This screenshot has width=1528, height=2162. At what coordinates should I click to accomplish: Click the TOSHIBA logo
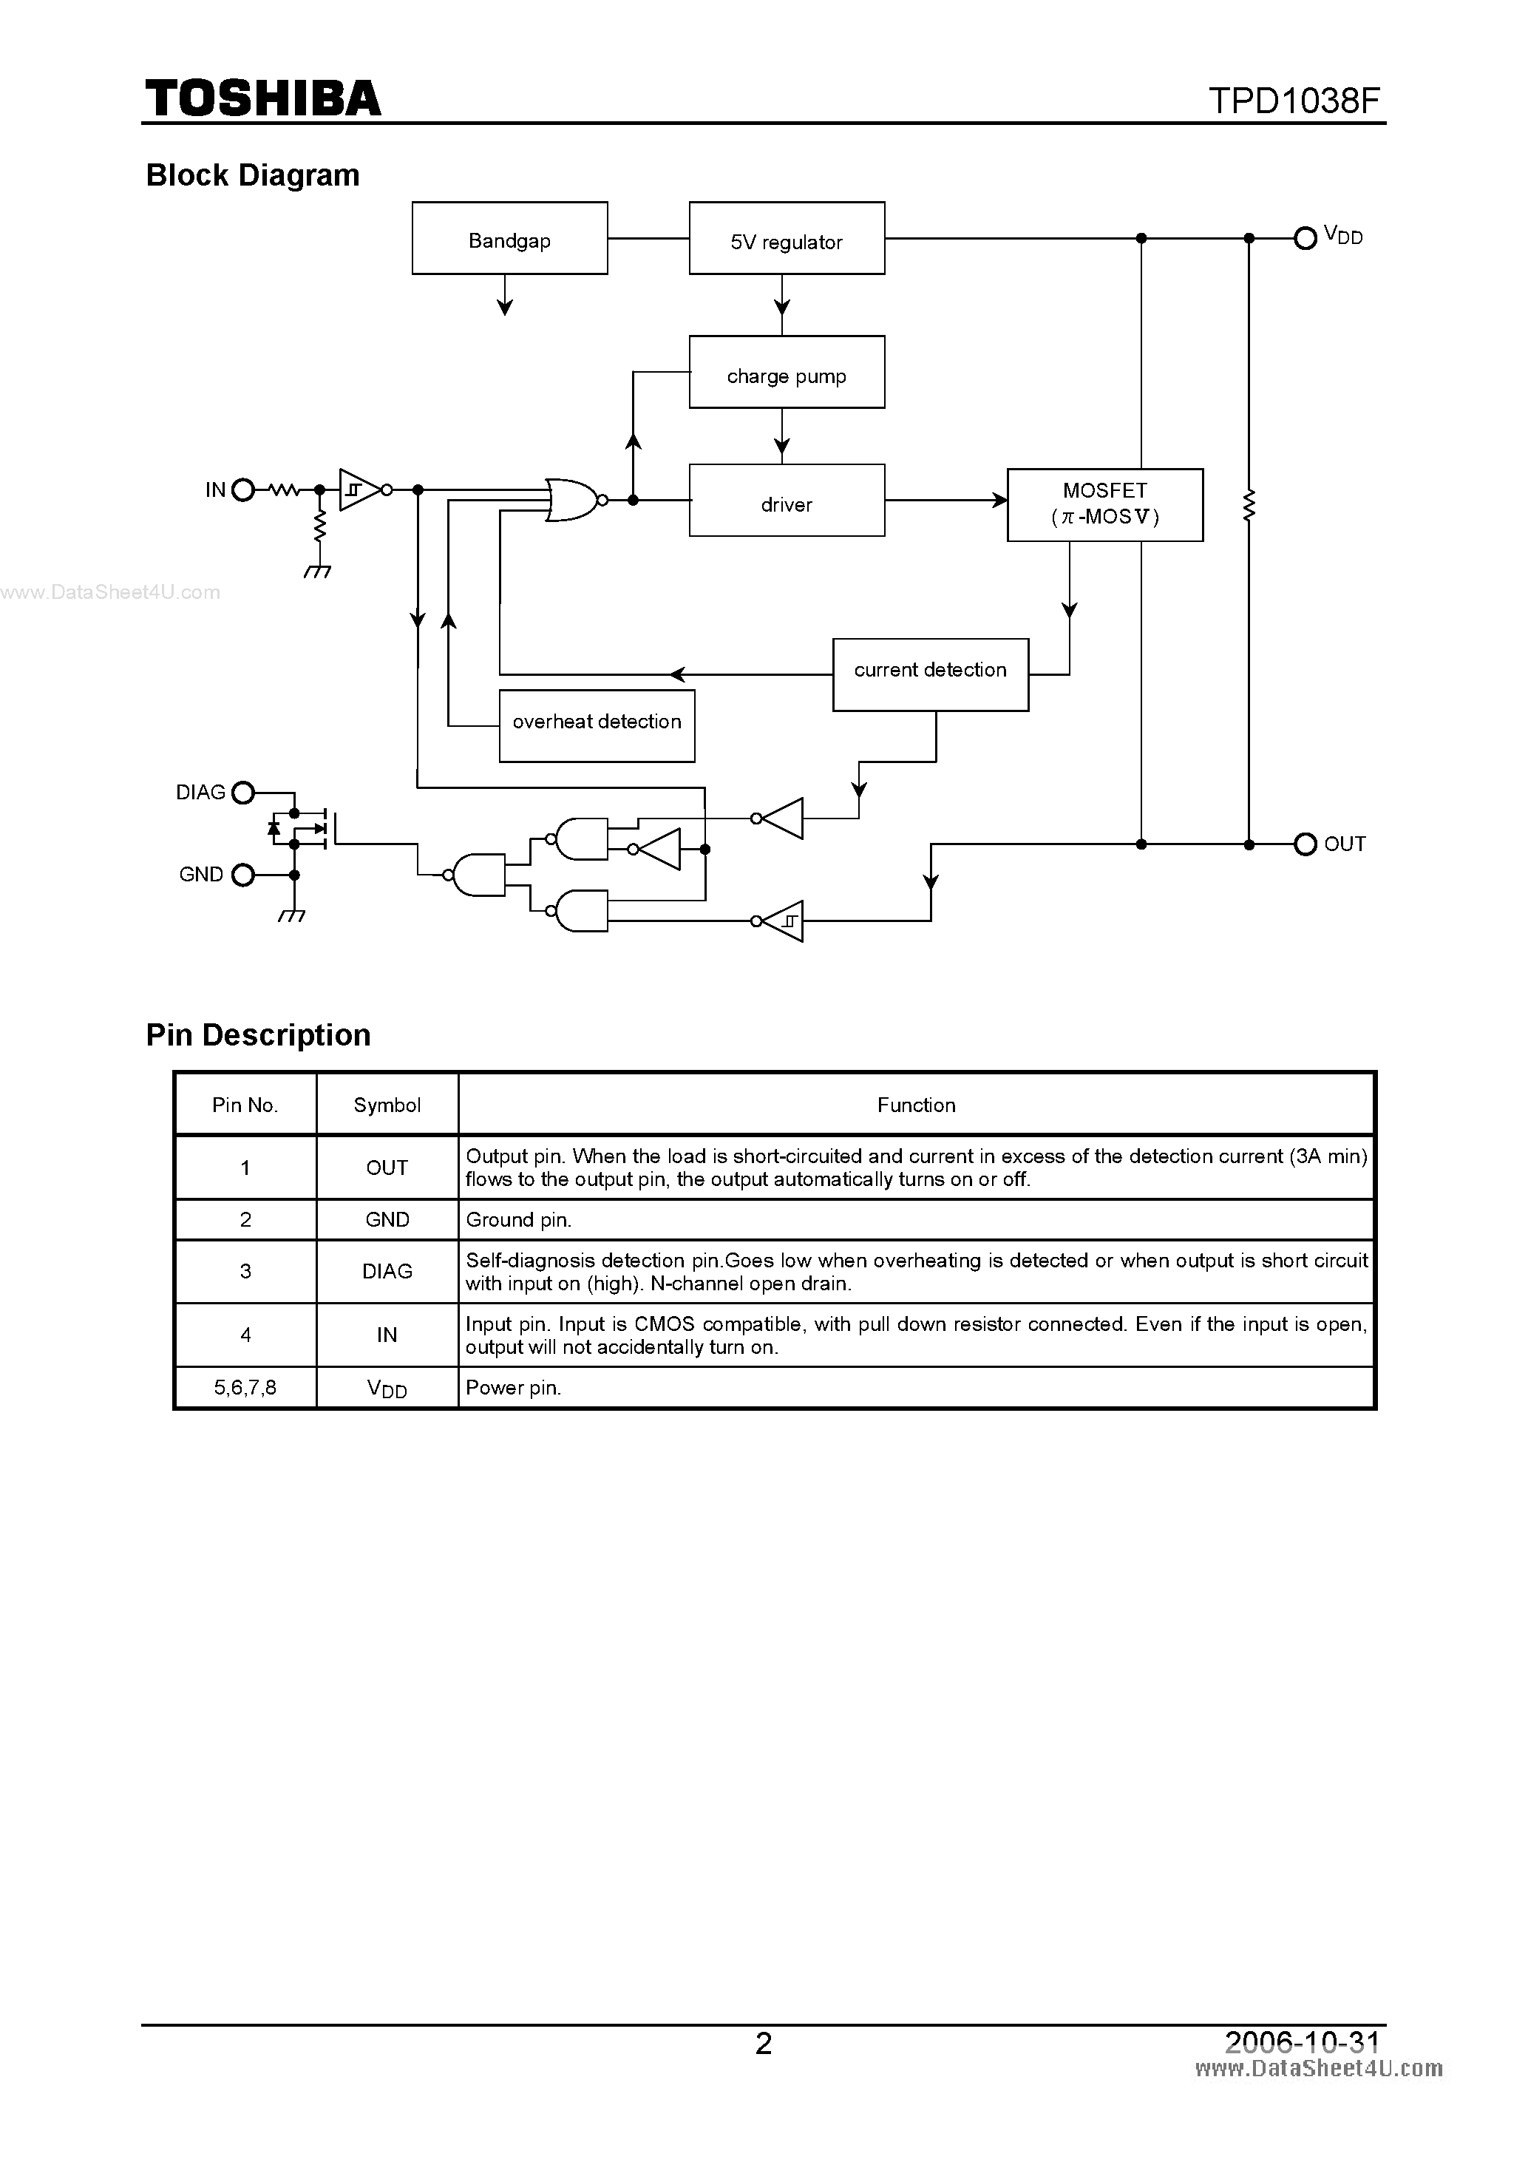[262, 99]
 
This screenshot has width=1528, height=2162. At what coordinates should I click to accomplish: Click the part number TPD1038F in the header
[1294, 101]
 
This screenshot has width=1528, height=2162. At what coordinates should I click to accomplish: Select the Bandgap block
[509, 238]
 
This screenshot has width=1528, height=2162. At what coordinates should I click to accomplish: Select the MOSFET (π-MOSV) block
[1104, 505]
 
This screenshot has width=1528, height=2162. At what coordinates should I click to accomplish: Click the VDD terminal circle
[1305, 238]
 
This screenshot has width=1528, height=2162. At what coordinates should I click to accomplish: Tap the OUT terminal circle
[1305, 844]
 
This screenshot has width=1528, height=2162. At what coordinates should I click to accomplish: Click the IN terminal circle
[243, 489]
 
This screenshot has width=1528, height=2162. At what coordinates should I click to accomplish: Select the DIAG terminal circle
[243, 793]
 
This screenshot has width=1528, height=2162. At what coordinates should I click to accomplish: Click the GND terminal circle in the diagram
[243, 875]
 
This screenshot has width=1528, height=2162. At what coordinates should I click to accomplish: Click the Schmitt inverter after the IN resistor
[359, 489]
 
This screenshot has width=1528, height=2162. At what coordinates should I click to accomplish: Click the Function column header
[916, 1105]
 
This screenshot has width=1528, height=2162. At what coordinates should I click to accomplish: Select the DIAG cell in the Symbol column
[387, 1271]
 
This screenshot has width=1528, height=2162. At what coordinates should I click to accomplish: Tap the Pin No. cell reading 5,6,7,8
[245, 1388]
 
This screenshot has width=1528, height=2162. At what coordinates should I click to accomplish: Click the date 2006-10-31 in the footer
[1301, 2041]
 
